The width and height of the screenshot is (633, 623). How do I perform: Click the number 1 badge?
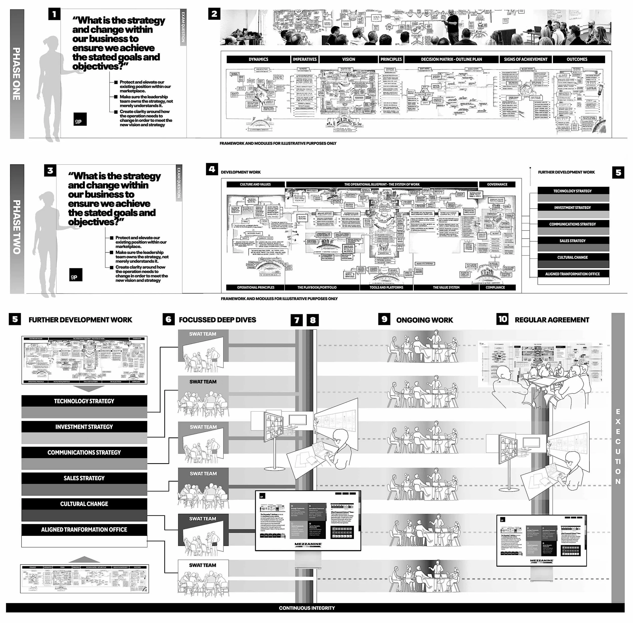pyautogui.click(x=54, y=14)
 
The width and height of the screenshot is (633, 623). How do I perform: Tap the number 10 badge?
pyautogui.click(x=502, y=319)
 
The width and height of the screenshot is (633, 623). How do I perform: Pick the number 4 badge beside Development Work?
pyautogui.click(x=212, y=169)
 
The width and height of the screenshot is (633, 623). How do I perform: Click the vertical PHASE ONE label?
pyautogui.click(x=17, y=74)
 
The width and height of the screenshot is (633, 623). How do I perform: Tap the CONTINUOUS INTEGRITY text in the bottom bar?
pyautogui.click(x=307, y=608)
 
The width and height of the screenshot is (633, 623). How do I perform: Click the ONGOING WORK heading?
pyautogui.click(x=424, y=320)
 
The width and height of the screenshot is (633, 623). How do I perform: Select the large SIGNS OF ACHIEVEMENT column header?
pyautogui.click(x=525, y=59)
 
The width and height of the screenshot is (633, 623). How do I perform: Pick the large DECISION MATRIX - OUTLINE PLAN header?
pyautogui.click(x=451, y=59)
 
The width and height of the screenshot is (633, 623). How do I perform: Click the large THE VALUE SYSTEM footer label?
pyautogui.click(x=446, y=287)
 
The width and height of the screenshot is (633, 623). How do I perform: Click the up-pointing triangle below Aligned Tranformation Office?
pyautogui.click(x=84, y=559)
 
